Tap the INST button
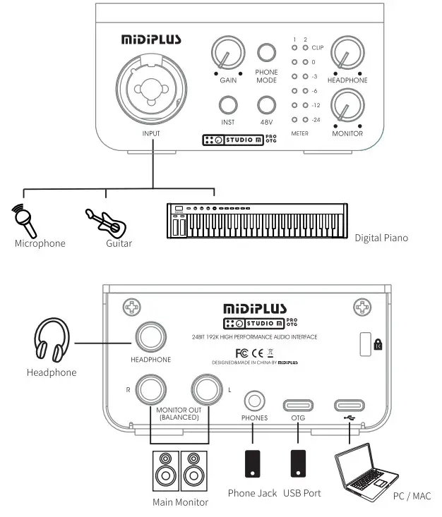pyautogui.click(x=227, y=105)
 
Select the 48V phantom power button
pyautogui.click(x=266, y=105)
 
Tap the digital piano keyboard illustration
pyautogui.click(x=257, y=221)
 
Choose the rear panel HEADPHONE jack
pyautogui.click(x=150, y=338)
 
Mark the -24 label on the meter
pyautogui.click(x=317, y=120)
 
